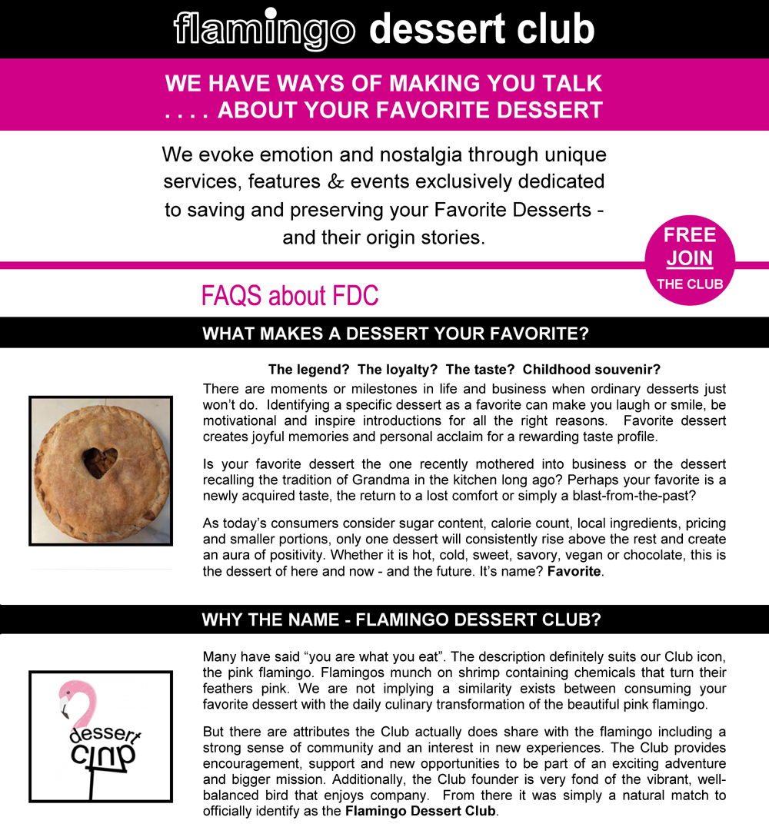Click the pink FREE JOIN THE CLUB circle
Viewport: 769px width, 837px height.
click(x=690, y=259)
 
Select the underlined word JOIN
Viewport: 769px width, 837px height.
click(x=689, y=258)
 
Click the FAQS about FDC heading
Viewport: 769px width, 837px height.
click(x=290, y=295)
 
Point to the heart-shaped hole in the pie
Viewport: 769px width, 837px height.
click(x=101, y=460)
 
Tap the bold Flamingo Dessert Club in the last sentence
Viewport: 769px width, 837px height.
click(x=421, y=811)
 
